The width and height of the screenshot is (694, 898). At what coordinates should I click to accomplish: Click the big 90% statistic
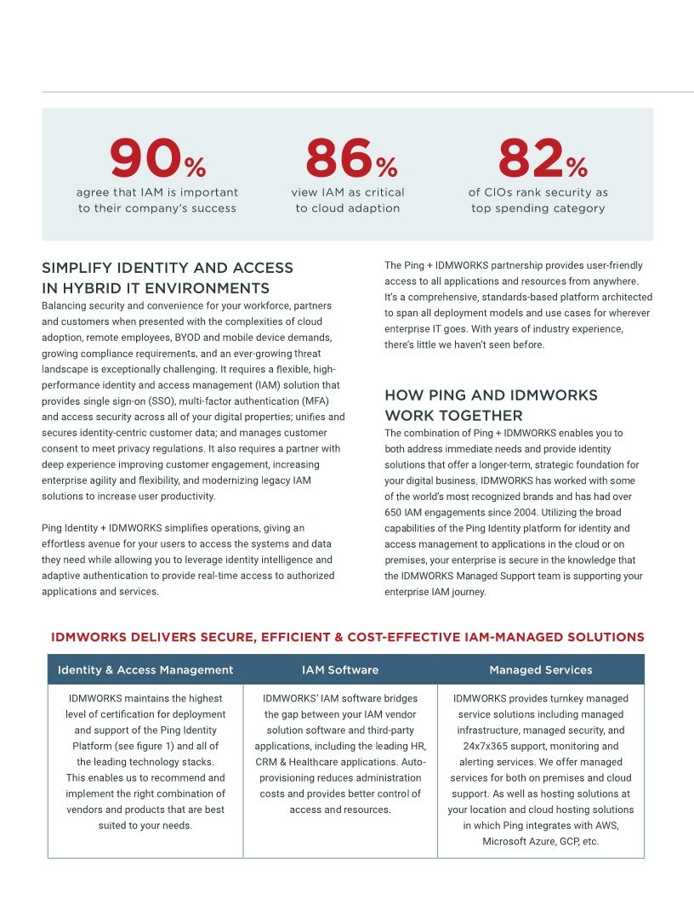click(157, 159)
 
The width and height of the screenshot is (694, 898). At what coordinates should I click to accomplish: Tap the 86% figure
click(350, 159)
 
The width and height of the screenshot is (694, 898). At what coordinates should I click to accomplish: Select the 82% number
click(542, 159)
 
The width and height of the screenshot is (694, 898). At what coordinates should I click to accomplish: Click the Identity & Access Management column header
click(145, 670)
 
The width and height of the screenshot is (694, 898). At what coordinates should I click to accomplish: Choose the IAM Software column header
click(340, 670)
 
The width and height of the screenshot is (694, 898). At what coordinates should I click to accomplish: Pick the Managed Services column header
click(540, 670)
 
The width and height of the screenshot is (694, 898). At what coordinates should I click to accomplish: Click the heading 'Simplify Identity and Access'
click(168, 268)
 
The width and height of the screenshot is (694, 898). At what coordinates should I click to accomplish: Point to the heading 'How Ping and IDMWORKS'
click(491, 395)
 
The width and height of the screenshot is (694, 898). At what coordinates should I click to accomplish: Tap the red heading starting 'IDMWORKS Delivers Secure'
click(348, 637)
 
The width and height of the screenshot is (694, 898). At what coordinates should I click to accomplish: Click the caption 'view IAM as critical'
click(348, 192)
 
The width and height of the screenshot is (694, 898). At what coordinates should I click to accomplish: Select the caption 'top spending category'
click(538, 208)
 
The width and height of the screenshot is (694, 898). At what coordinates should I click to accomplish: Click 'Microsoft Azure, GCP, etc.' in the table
click(540, 842)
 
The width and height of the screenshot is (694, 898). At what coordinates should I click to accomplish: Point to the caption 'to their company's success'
click(157, 208)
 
